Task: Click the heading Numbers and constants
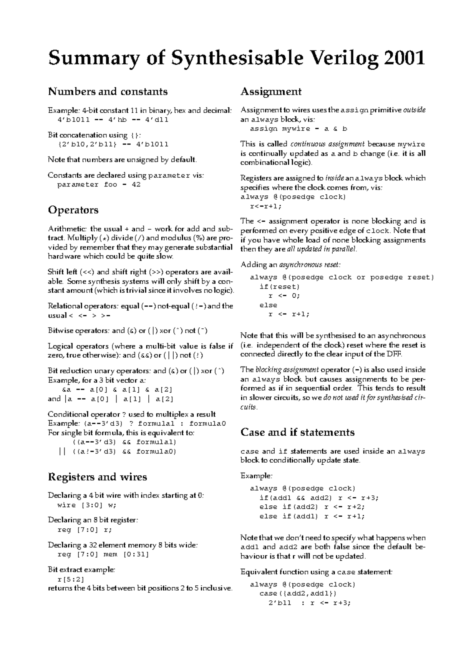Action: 108,92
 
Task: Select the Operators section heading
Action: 73,210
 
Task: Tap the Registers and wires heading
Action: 97,477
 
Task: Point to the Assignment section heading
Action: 271,92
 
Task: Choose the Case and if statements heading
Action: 297,432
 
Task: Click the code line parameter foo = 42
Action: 99,185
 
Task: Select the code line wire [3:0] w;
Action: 86,505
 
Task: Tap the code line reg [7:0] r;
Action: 85,530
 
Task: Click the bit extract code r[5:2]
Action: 70,579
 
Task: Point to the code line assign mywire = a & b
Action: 298,129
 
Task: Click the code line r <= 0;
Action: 284,296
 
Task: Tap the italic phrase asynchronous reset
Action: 310,265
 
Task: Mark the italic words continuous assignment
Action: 327,144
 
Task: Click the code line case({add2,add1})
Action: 298,593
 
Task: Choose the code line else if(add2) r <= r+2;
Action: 312,507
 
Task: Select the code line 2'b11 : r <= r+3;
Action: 309,603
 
